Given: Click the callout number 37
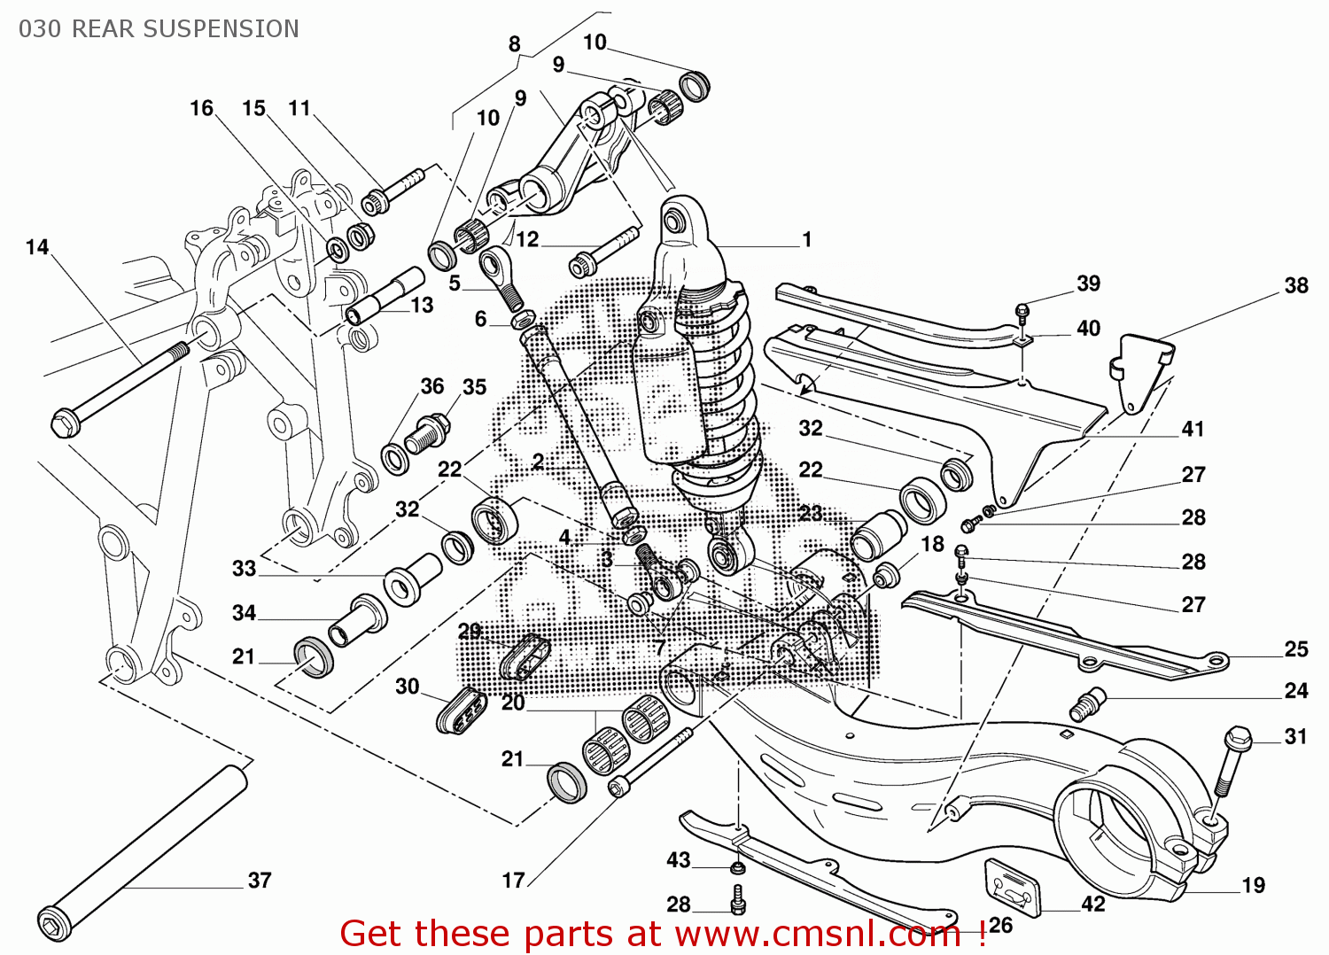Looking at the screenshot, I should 259,880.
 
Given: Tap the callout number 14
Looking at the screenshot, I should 37,247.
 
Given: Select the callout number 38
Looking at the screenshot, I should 1295,285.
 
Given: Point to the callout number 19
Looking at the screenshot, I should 1253,885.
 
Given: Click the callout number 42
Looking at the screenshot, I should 1092,904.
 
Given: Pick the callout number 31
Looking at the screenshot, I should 1295,736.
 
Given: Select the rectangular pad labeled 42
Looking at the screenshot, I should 1012,884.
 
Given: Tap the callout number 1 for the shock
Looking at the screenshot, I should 806,239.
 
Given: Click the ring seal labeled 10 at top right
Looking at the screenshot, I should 695,86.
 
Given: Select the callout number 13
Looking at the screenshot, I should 422,305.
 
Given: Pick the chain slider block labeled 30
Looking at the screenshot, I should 462,710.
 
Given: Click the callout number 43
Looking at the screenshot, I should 678,859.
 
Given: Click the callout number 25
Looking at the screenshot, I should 1295,649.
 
